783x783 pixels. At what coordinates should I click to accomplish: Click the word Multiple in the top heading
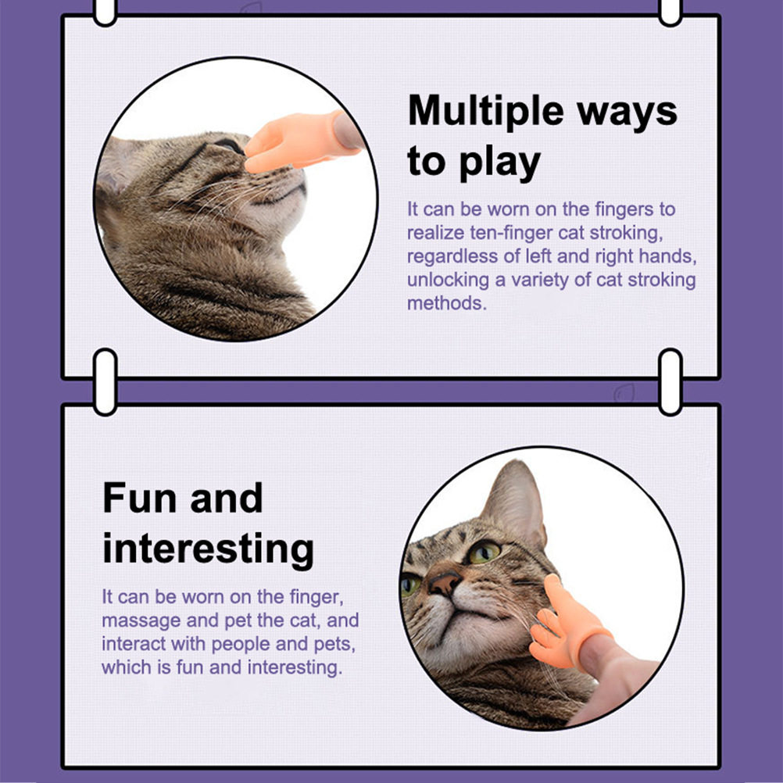click(486, 111)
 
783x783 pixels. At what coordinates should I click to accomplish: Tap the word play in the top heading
click(500, 163)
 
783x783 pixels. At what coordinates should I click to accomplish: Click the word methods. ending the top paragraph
click(447, 303)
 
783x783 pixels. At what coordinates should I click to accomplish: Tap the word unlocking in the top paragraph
click(448, 280)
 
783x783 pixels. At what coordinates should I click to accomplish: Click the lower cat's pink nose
click(443, 582)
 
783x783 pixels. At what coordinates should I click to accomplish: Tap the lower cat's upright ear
click(514, 500)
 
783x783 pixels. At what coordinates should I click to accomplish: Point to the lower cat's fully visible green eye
click(484, 552)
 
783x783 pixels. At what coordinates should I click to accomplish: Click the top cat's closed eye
click(227, 145)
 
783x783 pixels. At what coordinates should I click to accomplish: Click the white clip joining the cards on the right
click(670, 382)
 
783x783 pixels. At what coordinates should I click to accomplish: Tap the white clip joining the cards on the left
click(105, 382)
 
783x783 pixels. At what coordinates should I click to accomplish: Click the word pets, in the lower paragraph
click(334, 645)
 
